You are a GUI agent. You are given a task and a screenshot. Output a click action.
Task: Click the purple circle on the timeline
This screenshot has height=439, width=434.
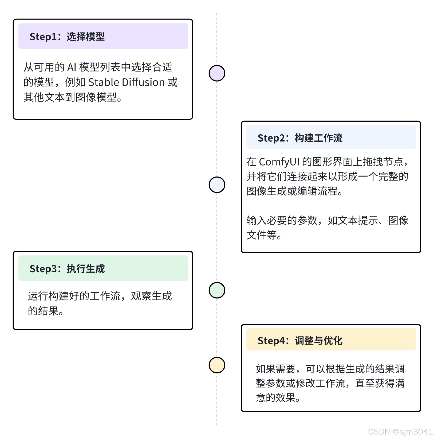point(217,73)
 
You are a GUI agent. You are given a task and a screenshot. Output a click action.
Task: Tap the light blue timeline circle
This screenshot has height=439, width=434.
point(217,185)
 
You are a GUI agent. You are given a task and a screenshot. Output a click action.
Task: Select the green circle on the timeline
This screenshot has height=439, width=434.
point(217,290)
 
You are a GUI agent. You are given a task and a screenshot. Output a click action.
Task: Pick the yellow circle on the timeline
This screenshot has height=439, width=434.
point(217,365)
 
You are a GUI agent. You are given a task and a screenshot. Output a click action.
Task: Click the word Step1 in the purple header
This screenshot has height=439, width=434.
point(43,37)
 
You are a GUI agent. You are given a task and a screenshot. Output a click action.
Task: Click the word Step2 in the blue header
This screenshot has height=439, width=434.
point(271,138)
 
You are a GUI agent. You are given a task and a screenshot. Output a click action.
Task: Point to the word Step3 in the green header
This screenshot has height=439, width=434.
point(43,269)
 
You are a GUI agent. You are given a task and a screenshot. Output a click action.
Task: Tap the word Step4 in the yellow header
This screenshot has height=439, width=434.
point(271,341)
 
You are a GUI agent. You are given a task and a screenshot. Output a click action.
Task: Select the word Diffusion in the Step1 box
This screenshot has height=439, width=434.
point(143,82)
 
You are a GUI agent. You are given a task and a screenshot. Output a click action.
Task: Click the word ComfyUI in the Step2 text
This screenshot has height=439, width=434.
point(279,162)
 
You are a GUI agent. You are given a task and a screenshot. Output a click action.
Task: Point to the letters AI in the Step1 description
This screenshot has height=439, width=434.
point(72,67)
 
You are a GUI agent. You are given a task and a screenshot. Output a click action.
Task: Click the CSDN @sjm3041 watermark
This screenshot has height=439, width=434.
point(400,432)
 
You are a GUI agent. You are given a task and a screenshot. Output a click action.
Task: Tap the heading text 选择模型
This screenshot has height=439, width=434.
point(86,37)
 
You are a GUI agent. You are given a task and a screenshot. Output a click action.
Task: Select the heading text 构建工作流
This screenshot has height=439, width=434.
point(318,138)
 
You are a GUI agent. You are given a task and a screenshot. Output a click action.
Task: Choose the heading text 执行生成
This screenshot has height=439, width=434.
point(86,269)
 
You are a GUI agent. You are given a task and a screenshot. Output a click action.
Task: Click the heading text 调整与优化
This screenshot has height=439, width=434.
point(318,341)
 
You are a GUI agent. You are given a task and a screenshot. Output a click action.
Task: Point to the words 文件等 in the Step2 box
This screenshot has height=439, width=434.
point(262,235)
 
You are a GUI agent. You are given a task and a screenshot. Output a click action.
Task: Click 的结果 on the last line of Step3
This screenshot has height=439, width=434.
point(43,311)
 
